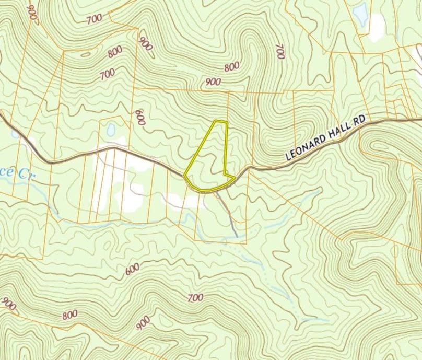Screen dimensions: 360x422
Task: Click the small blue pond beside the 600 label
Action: pyautogui.click(x=111, y=130)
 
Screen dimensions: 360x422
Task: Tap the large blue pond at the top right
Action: pyautogui.click(x=360, y=14)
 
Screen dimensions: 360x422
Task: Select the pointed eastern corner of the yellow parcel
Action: pyautogui.click(x=233, y=178)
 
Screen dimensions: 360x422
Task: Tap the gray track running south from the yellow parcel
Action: pyautogui.click(x=228, y=214)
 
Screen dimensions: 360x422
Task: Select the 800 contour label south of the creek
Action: pyautogui.click(x=69, y=315)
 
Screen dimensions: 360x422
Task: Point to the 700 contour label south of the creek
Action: pyautogui.click(x=194, y=298)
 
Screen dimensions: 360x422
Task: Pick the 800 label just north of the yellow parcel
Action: pyautogui.click(x=231, y=67)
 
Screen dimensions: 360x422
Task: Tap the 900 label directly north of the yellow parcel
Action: pyautogui.click(x=213, y=82)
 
